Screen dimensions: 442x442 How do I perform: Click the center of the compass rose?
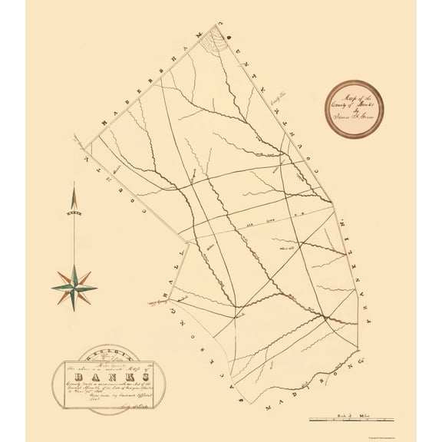[74, 289]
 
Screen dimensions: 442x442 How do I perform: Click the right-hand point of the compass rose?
[97, 289]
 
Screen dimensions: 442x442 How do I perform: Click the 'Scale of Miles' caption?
[360, 413]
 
